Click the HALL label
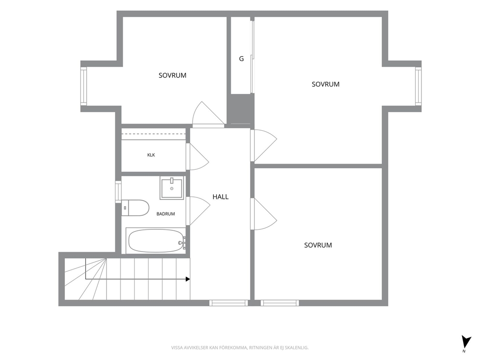pyautogui.click(x=221, y=197)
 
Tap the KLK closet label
pyautogui.click(x=151, y=155)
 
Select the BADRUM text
pyautogui.click(x=165, y=214)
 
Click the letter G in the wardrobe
pyautogui.click(x=241, y=59)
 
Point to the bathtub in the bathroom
pyautogui.click(x=156, y=240)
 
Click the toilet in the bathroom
pyautogui.click(x=135, y=208)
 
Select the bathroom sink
pyautogui.click(x=172, y=188)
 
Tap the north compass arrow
pyautogui.click(x=466, y=342)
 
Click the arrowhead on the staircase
pyautogui.click(x=188, y=279)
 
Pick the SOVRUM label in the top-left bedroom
pyautogui.click(x=172, y=75)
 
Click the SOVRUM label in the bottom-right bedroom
pyautogui.click(x=318, y=245)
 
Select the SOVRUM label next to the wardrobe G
pyautogui.click(x=326, y=84)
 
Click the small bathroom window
pyautogui.click(x=118, y=192)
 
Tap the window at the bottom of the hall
pyautogui.click(x=228, y=303)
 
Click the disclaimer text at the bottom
pyautogui.click(x=240, y=348)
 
